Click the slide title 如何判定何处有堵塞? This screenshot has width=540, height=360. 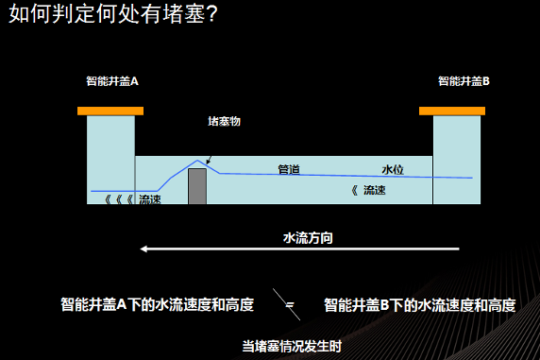(112, 14)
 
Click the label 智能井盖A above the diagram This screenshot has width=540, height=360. (112, 81)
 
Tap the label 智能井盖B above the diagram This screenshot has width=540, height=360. (464, 81)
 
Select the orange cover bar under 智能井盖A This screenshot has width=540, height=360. (110, 111)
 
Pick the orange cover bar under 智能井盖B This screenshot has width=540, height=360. (452, 111)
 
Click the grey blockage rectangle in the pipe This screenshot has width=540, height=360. (197, 186)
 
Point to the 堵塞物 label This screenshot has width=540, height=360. (224, 121)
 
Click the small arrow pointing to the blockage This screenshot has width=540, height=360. (209, 160)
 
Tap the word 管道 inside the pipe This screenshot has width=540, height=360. (289, 170)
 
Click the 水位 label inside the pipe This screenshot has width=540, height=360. (393, 170)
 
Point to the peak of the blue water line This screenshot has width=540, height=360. (197, 161)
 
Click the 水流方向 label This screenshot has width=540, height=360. (308, 238)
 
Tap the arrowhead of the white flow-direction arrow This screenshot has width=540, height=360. (143, 249)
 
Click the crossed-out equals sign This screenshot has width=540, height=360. (287, 304)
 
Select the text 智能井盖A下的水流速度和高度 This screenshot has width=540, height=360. (158, 305)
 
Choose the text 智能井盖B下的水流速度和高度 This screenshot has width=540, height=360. (420, 305)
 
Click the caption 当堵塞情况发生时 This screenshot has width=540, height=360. (292, 347)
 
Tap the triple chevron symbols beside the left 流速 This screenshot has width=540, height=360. (119, 199)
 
